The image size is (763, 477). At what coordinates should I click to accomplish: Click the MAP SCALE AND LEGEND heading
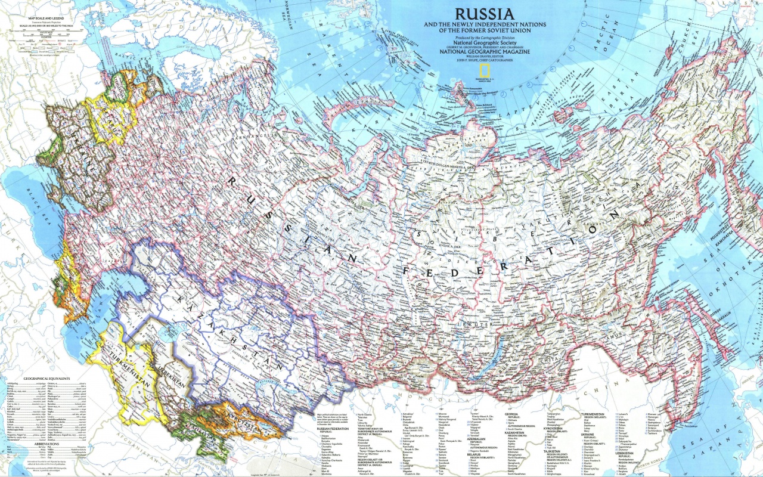pos(45,19)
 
